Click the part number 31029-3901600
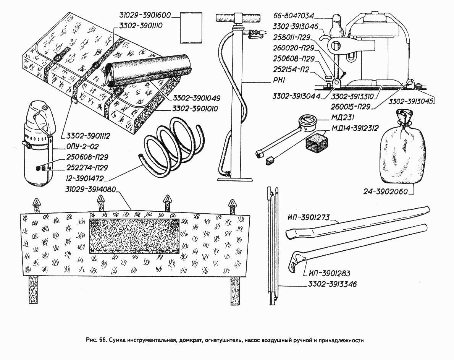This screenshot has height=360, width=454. [x=145, y=15]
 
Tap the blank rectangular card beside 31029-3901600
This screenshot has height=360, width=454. [x=191, y=28]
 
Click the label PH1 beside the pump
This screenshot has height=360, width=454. [x=279, y=80]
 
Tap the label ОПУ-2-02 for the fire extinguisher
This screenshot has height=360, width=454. [x=82, y=147]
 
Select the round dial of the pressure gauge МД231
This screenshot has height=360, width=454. [x=309, y=122]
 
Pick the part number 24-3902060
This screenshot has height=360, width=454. [x=385, y=191]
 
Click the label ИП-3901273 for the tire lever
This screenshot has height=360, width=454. [x=309, y=217]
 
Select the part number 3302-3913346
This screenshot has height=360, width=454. [x=332, y=284]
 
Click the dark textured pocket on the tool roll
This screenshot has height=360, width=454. [x=134, y=236]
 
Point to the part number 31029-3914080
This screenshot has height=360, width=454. [x=90, y=189]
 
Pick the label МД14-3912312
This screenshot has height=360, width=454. [x=355, y=128]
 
